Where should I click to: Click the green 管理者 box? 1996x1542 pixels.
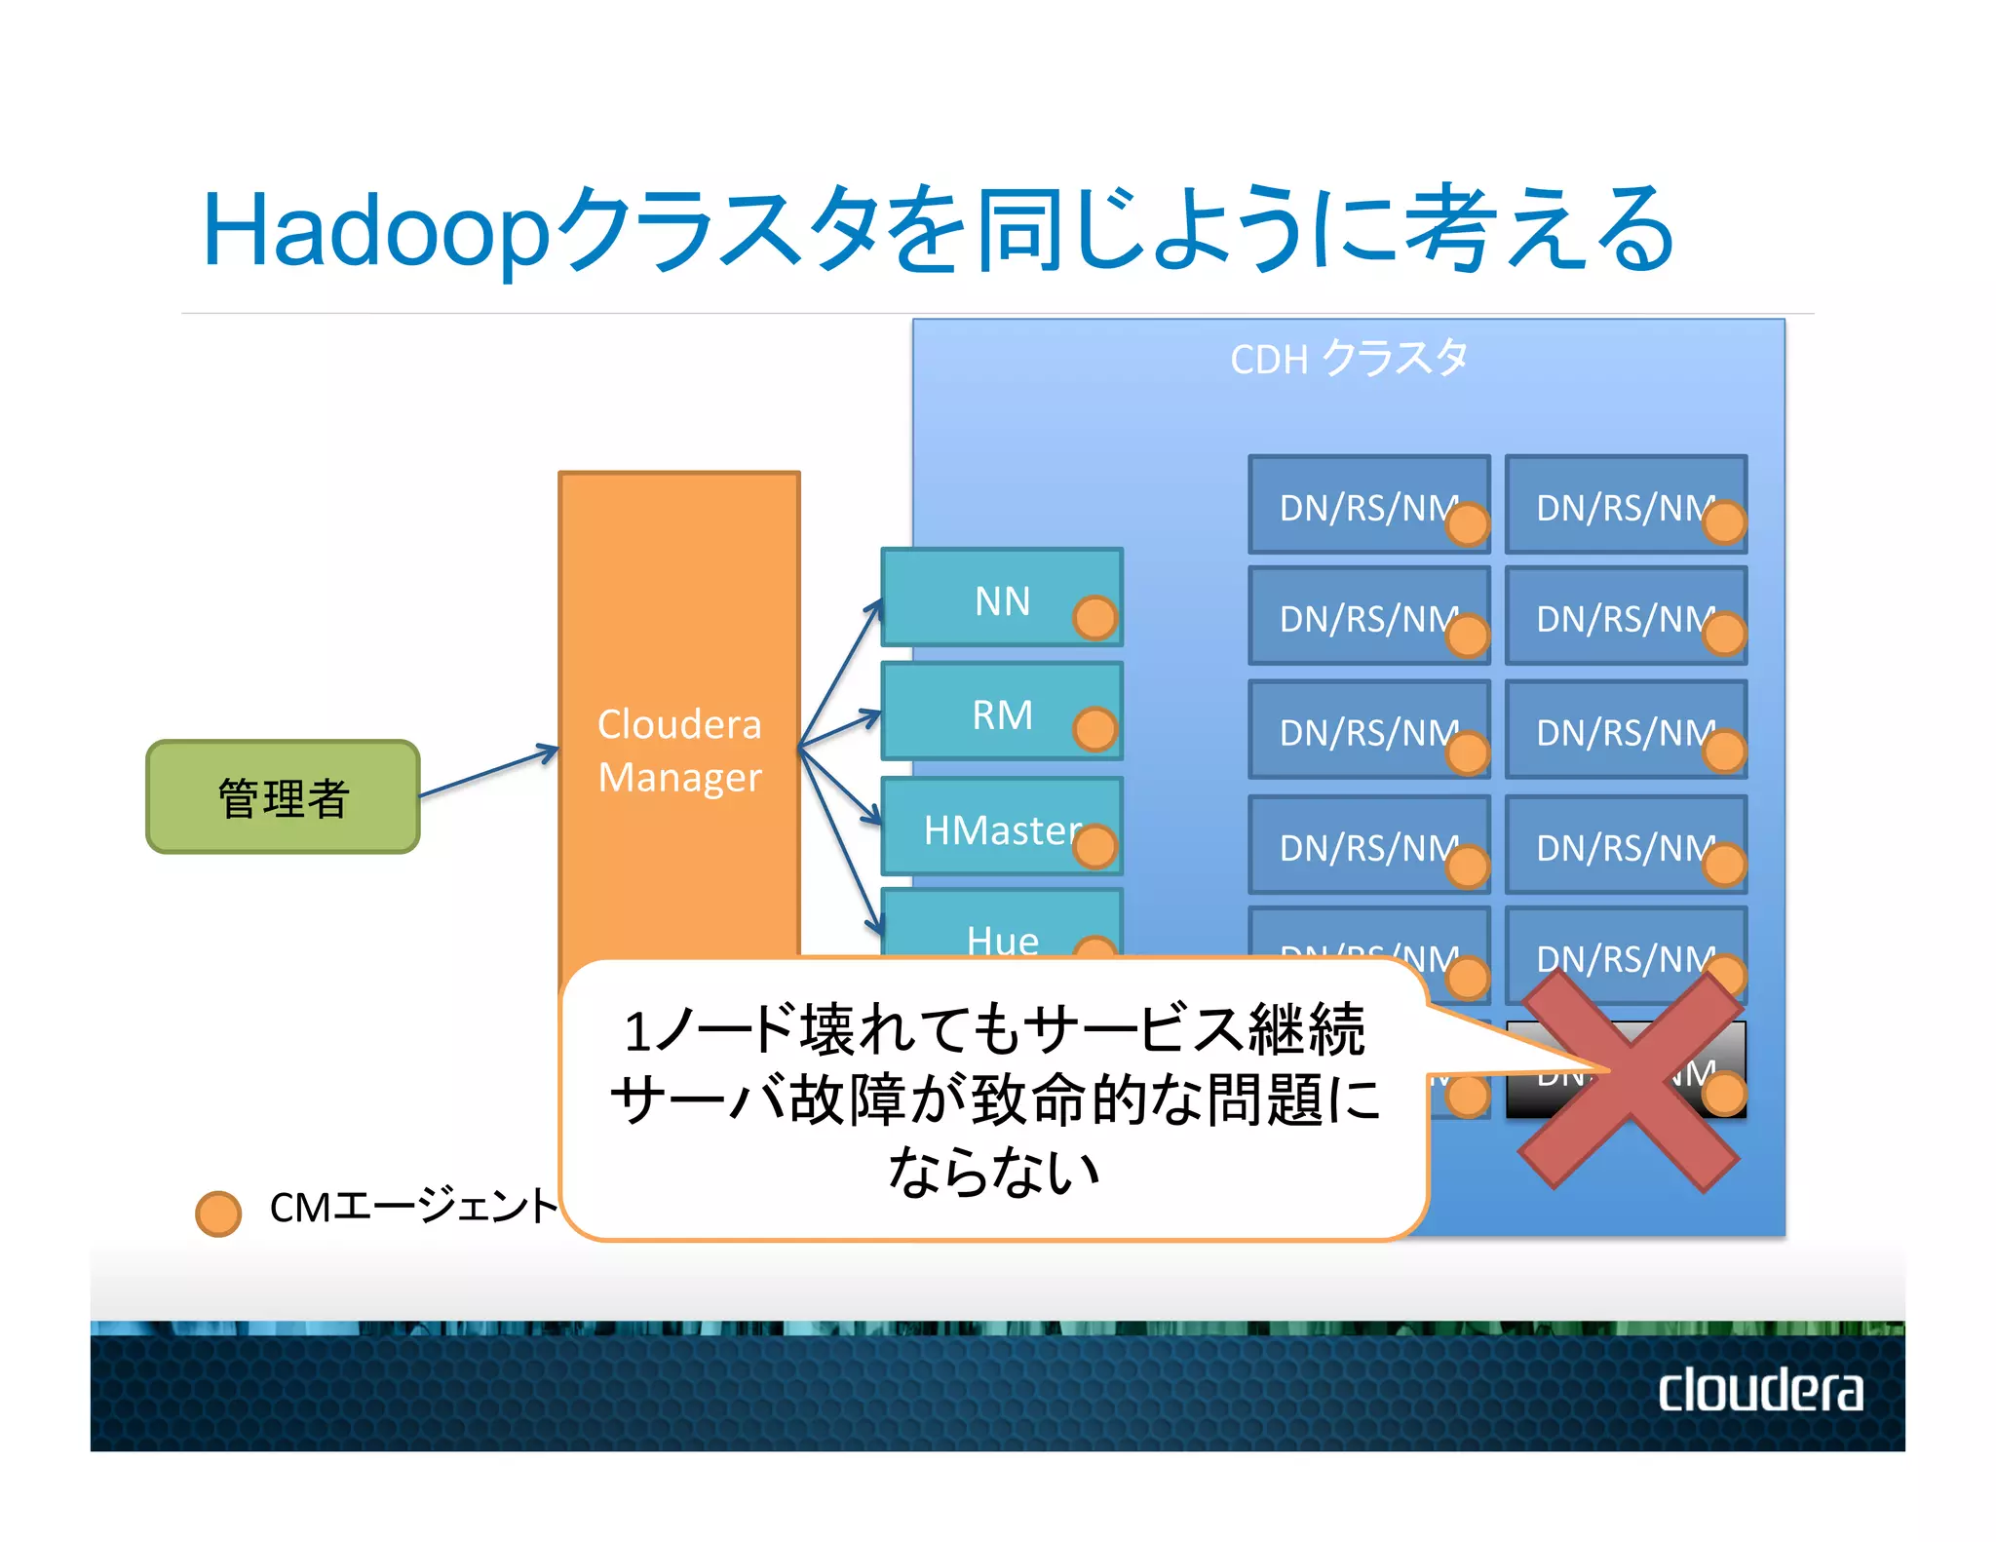tap(283, 797)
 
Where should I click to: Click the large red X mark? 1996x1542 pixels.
tap(1630, 1080)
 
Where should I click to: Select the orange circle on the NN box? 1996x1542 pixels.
tap(1094, 618)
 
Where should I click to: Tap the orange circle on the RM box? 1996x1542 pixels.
tap(1094, 730)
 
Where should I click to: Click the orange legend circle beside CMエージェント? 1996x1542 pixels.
tap(218, 1214)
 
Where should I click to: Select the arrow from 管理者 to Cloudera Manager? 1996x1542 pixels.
tap(487, 773)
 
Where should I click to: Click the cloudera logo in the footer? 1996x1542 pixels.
tap(1760, 1390)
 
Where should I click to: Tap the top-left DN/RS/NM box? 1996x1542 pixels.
tap(1368, 505)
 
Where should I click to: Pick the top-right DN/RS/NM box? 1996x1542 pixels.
tap(1625, 505)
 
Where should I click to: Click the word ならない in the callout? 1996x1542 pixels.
tap(993, 1171)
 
